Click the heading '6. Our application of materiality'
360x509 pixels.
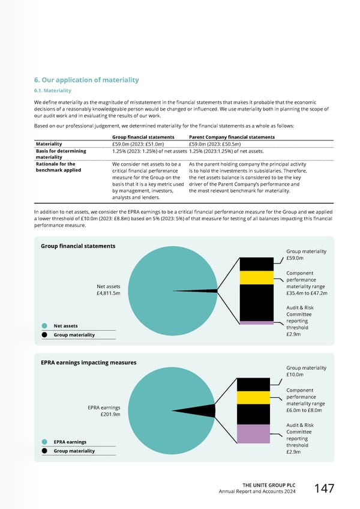tap(86, 80)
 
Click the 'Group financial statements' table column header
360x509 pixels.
tap(143, 137)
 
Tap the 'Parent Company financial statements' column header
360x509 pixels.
tap(232, 137)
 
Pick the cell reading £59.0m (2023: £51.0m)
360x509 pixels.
tap(138, 144)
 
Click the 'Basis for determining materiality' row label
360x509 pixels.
tap(61, 154)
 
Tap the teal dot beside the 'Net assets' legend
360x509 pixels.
tap(44, 326)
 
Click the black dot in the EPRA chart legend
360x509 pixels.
tap(44, 451)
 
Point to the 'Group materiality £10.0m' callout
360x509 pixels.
tap(306, 371)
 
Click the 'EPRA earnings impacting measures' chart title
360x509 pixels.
tap(88, 363)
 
